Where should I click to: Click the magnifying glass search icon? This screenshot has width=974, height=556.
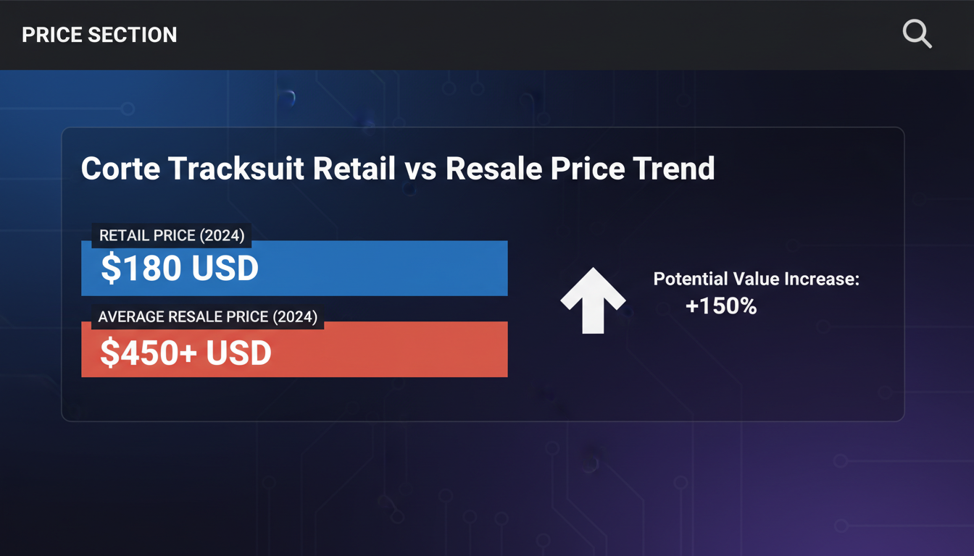click(x=917, y=33)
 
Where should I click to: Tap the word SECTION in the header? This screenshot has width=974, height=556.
click(x=133, y=35)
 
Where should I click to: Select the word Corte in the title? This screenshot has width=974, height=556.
click(x=120, y=169)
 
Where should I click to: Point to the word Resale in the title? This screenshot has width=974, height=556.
click(x=494, y=169)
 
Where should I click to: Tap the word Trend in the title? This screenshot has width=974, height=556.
click(x=673, y=169)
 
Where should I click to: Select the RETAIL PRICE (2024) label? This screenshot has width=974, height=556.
click(x=172, y=235)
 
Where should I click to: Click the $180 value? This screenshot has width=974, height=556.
click(x=141, y=268)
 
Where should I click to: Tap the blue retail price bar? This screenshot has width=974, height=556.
click(x=294, y=268)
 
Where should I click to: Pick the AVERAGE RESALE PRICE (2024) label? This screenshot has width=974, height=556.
click(x=208, y=316)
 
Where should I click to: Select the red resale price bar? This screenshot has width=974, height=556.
click(x=294, y=349)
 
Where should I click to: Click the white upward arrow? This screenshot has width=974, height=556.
click(x=593, y=300)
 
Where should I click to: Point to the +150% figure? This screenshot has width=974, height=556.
click(x=721, y=306)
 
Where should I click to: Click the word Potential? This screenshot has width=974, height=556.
click(x=691, y=279)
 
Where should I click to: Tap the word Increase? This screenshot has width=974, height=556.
click(x=822, y=279)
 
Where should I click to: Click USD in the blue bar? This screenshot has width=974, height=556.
click(x=225, y=268)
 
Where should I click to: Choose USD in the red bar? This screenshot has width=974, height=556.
click(x=238, y=353)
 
